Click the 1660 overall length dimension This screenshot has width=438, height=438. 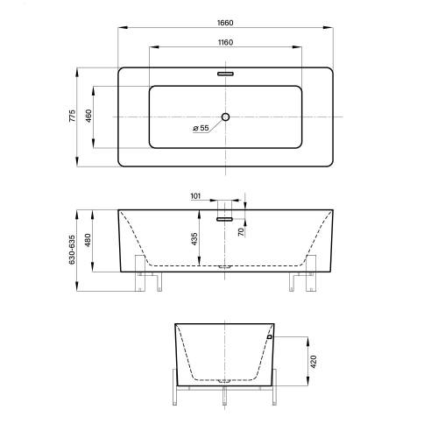point(225,23)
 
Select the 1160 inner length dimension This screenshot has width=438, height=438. point(225,43)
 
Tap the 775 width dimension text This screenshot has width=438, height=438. point(72,116)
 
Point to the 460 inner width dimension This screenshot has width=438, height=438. point(88,116)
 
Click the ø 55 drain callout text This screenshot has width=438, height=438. point(201,128)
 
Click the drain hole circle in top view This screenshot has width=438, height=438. point(225,117)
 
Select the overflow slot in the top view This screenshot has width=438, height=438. point(225,74)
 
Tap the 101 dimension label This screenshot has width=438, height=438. point(195,196)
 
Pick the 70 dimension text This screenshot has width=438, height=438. point(241,232)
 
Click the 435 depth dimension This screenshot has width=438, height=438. point(194,238)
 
